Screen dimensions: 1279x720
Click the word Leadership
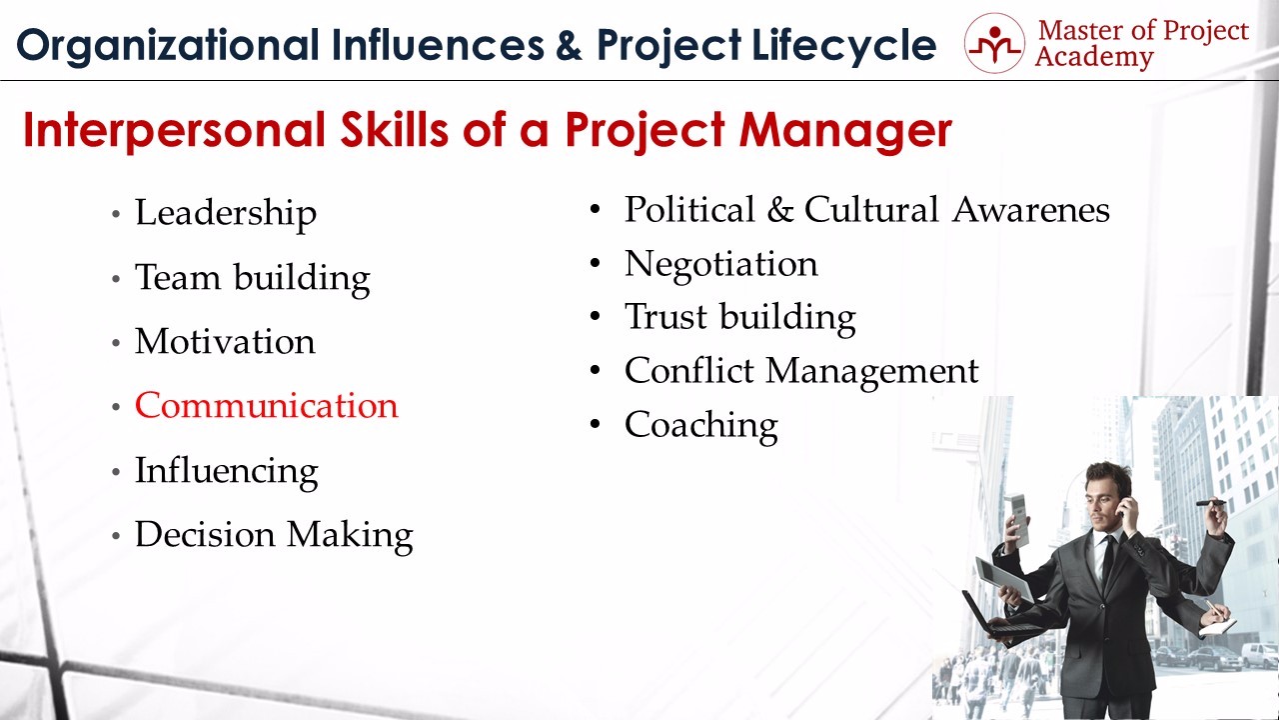point(226,214)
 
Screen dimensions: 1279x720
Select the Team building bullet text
point(253,278)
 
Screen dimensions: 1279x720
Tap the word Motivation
point(225,342)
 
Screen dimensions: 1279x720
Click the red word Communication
point(266,406)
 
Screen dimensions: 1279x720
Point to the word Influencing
point(226,472)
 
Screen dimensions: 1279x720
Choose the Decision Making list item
point(274,535)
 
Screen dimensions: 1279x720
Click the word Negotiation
point(721,265)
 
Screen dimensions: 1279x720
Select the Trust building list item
point(740,318)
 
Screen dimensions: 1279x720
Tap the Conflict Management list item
point(801,371)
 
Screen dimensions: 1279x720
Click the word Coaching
point(701,426)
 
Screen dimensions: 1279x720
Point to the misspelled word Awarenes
point(1031,210)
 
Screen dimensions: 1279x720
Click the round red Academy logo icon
point(994,43)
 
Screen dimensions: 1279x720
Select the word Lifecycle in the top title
point(844,46)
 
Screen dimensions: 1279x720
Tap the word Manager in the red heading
point(845,131)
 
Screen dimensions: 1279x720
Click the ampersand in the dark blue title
point(569,45)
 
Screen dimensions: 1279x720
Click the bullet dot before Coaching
point(595,424)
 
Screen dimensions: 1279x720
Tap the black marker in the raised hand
point(1210,503)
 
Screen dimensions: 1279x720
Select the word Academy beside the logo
point(1094,58)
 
